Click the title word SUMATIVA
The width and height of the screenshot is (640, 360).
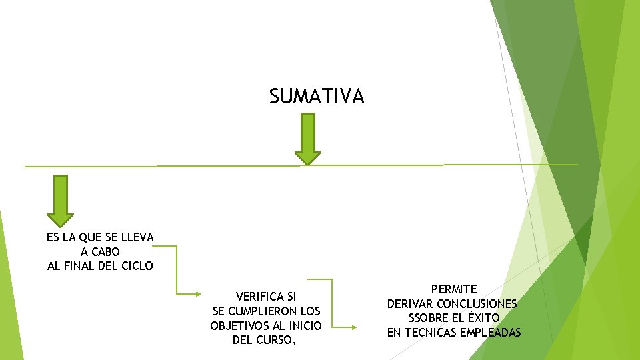(x=317, y=97)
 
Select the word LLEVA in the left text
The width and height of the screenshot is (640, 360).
(x=139, y=237)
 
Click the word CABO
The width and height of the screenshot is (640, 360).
(x=106, y=252)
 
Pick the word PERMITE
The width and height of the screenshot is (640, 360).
(x=454, y=289)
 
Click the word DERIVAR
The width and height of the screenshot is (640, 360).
(x=410, y=304)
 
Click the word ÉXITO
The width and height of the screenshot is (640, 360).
(x=484, y=318)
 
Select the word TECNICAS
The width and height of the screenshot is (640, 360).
(x=429, y=333)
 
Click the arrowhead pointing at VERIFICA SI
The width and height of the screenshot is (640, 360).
(x=198, y=294)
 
